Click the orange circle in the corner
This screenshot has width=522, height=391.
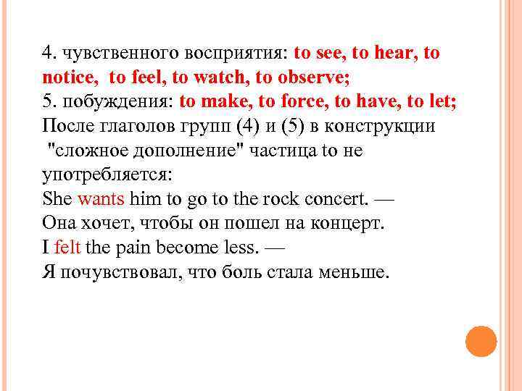(x=481, y=341)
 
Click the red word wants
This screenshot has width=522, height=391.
(x=101, y=198)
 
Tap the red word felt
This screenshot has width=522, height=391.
(x=67, y=248)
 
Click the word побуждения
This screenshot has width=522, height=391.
(x=117, y=101)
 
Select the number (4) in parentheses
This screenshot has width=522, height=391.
(x=249, y=126)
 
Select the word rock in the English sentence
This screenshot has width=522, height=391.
(x=286, y=198)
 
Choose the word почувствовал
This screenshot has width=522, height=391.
(x=116, y=272)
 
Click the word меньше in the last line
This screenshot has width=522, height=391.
(x=354, y=272)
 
